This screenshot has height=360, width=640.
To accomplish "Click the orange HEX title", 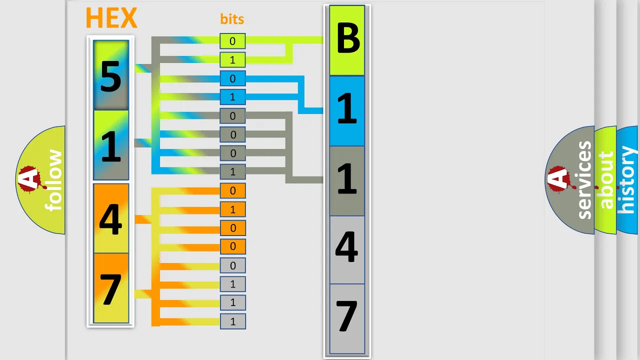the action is click(111, 17).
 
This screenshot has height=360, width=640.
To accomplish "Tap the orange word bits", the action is click(232, 19).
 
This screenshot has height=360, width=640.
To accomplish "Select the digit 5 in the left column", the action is click(111, 77).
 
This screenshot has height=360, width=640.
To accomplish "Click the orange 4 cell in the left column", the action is click(111, 218).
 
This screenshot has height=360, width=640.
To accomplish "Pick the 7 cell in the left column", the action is click(111, 288).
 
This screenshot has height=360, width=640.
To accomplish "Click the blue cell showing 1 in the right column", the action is click(347, 111).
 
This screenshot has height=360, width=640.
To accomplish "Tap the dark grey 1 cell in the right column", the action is click(347, 181).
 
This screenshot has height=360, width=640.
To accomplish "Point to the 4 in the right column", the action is click(346, 247).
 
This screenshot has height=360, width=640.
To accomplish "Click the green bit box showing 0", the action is click(232, 41).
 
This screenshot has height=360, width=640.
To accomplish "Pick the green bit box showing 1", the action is click(232, 59).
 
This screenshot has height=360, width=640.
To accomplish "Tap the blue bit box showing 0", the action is click(232, 78).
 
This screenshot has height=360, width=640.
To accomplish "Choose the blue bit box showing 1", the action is click(232, 97).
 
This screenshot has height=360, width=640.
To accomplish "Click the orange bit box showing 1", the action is click(232, 209).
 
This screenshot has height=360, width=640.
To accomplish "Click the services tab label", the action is click(584, 180).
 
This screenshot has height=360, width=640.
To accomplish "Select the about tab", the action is click(605, 180).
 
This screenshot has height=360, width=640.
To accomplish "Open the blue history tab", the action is click(627, 180).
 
